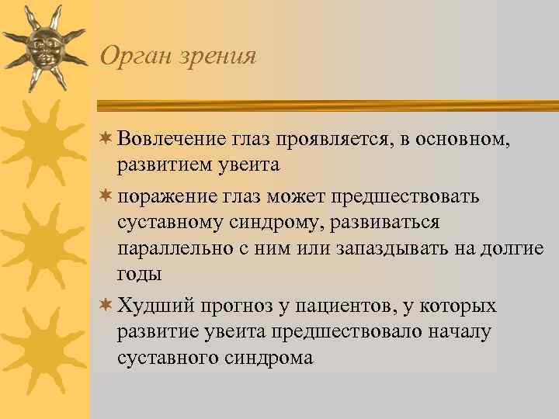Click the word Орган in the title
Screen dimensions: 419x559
131,57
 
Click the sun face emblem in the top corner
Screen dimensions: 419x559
44,47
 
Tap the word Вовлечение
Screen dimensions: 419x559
169,139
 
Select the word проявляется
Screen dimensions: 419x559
339,139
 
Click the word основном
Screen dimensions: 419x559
467,139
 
